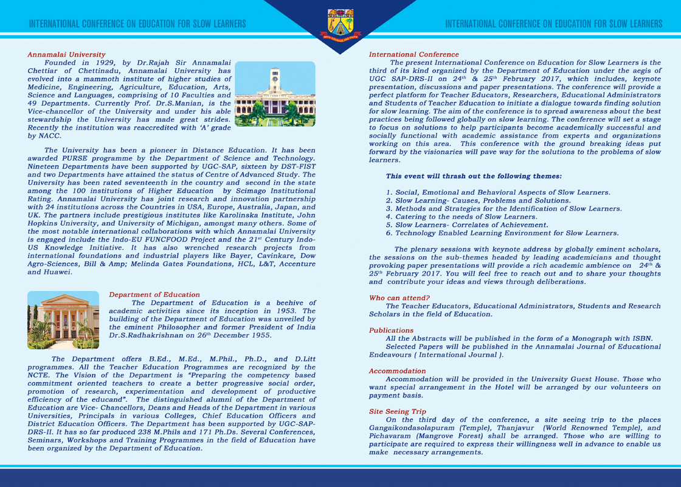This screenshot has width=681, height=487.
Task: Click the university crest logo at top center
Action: (340, 23)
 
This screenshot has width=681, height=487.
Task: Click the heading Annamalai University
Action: (66, 55)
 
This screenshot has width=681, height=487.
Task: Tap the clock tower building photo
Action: (275, 94)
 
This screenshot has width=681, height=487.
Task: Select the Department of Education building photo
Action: (63, 320)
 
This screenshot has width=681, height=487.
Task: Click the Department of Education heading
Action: (154, 295)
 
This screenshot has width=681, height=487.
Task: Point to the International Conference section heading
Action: (413, 55)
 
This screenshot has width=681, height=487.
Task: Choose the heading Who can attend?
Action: (399, 298)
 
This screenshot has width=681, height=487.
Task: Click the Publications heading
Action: (391, 331)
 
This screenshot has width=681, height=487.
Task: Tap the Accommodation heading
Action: (397, 371)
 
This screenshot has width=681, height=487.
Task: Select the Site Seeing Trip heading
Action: (398, 412)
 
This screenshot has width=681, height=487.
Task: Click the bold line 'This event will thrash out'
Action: (474, 176)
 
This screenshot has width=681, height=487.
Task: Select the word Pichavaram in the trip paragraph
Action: (392, 436)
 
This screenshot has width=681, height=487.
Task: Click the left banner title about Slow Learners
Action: (137, 24)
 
